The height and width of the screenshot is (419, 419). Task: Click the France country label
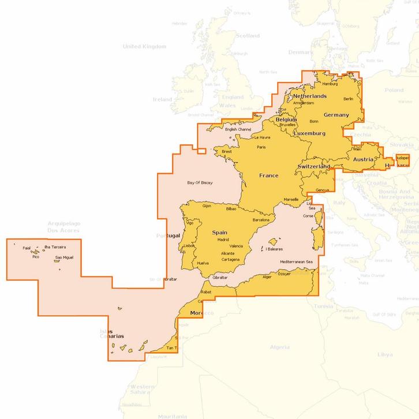click(x=268, y=175)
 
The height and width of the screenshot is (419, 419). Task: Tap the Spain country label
click(x=219, y=233)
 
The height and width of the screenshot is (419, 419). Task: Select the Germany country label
click(x=336, y=115)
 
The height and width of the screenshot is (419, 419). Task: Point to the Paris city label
click(x=261, y=147)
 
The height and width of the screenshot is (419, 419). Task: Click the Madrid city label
click(x=223, y=240)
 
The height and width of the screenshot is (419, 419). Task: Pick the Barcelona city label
click(x=261, y=220)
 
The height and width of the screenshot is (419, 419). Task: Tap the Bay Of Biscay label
click(x=200, y=183)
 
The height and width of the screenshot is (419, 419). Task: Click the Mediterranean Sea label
click(x=295, y=262)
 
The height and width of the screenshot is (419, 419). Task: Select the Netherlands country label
click(x=309, y=96)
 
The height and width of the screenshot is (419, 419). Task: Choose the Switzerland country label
click(x=313, y=166)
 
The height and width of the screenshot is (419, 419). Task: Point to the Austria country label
click(x=363, y=159)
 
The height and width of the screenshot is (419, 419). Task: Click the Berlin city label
click(x=348, y=99)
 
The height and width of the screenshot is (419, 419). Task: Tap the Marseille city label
click(x=291, y=199)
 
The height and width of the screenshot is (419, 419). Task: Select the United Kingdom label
click(x=144, y=46)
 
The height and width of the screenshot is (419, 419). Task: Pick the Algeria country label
click(x=280, y=347)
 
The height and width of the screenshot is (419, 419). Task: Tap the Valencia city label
click(x=236, y=246)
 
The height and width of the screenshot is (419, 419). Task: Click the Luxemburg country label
click(x=309, y=133)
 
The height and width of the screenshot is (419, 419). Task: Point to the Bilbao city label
click(x=231, y=209)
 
